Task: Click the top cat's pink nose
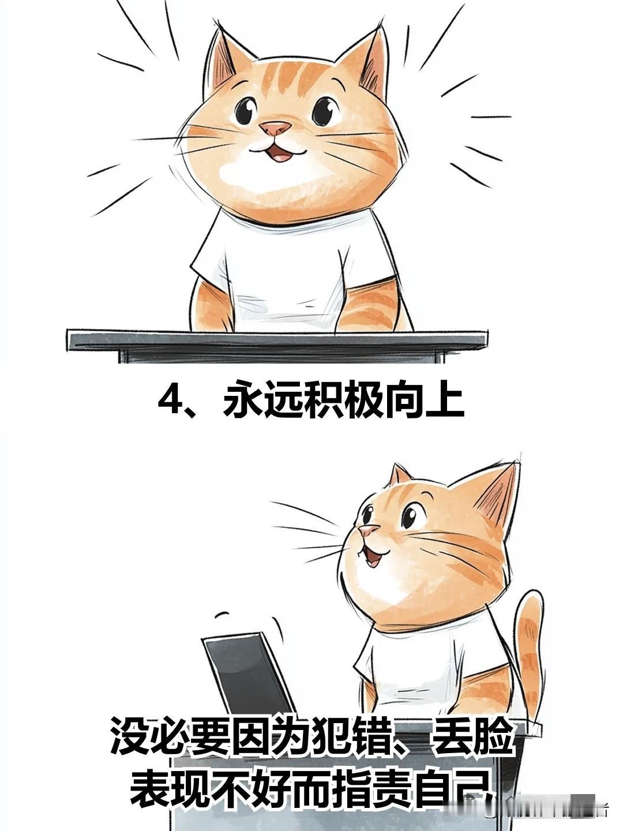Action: click(275, 128)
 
